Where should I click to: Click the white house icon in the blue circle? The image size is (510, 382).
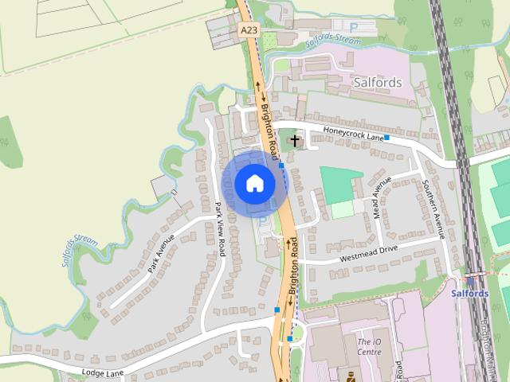tap(254, 183)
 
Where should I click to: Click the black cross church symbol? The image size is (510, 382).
tap(295, 141)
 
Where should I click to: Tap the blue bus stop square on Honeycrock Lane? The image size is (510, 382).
tap(386, 138)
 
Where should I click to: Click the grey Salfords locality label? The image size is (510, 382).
tap(377, 82)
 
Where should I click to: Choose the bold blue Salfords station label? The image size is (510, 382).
tap(469, 293)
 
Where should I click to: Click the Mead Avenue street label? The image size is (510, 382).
tap(382, 197)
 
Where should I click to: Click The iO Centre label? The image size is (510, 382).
tap(368, 346)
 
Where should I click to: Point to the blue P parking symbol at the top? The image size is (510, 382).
tap(353, 27)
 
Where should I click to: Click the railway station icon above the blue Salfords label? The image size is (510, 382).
tap(470, 280)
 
